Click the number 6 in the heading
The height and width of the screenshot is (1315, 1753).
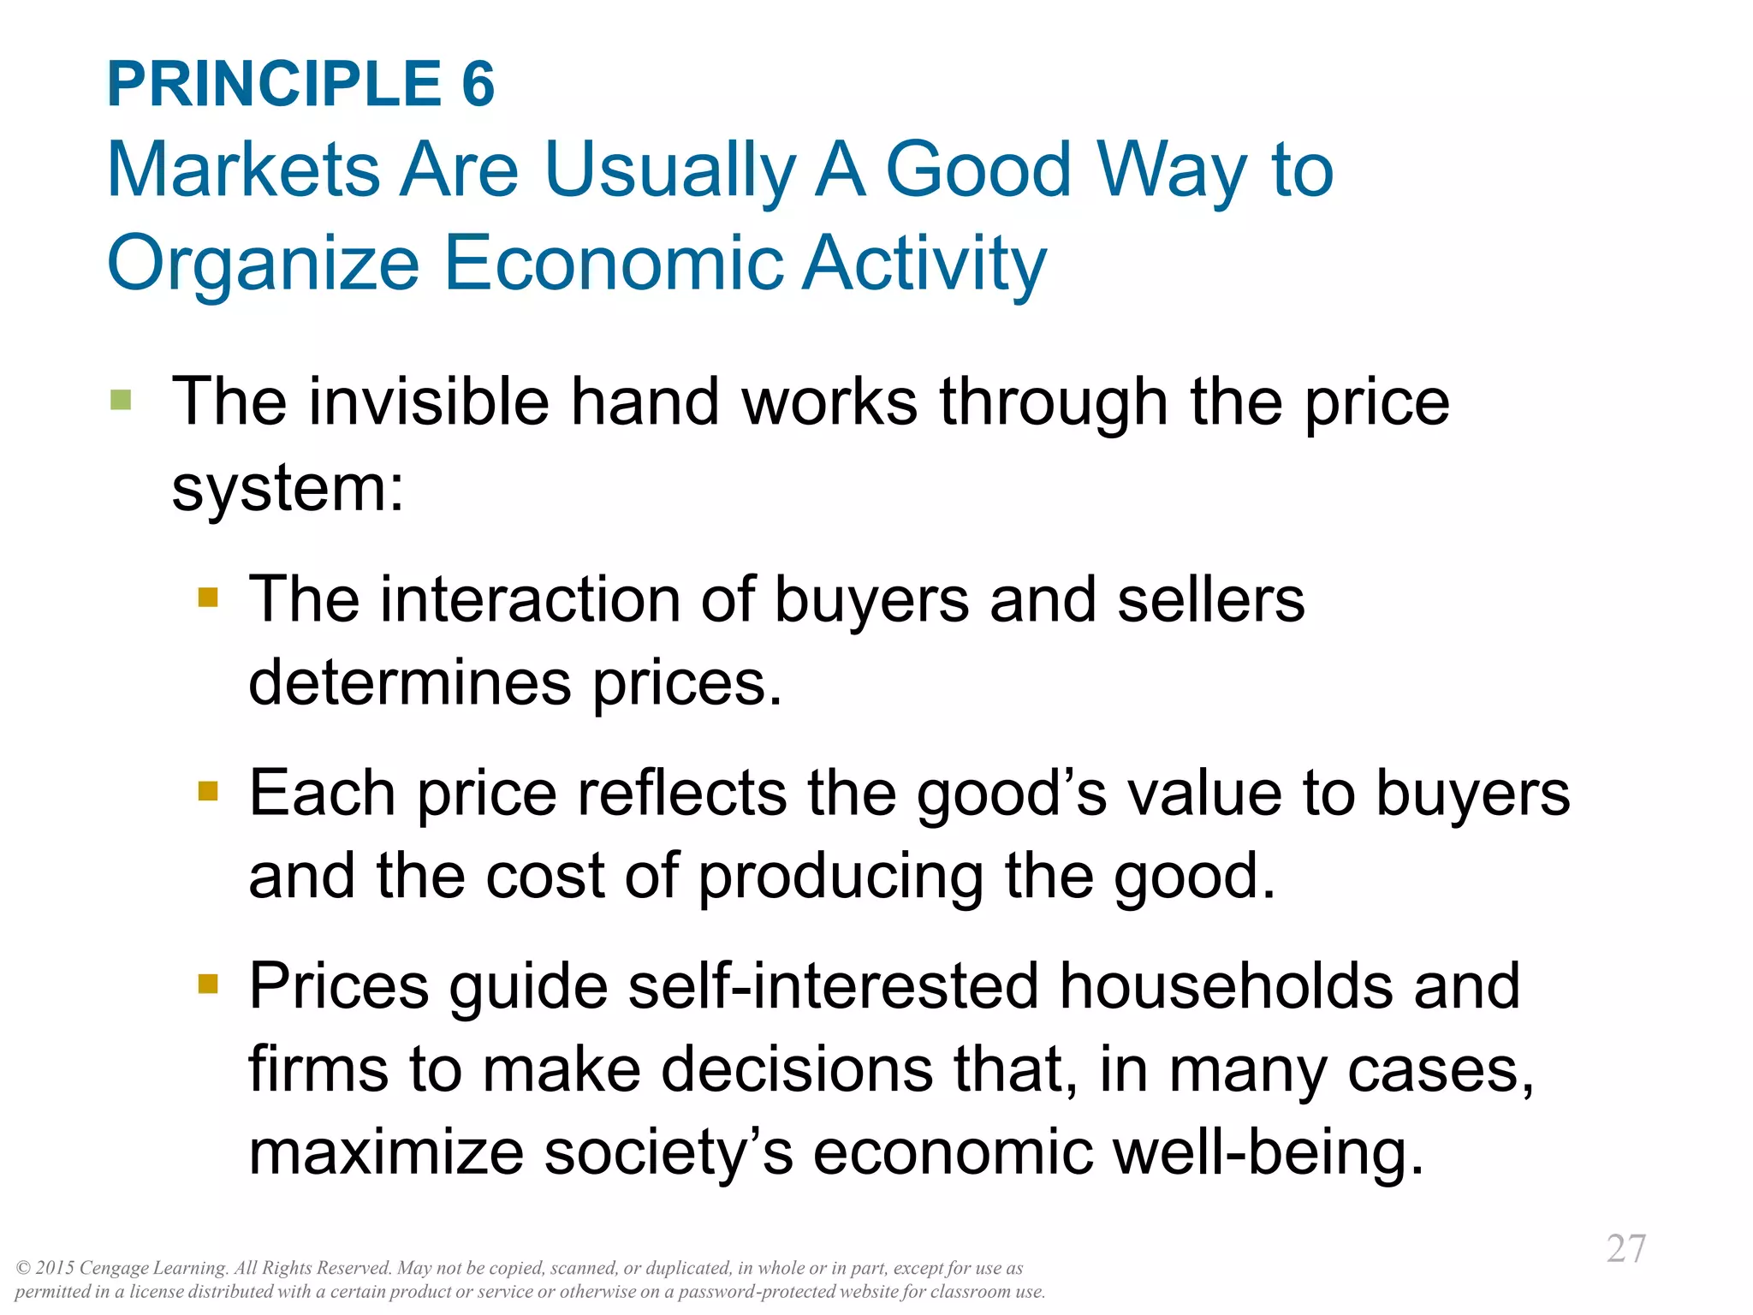tap(478, 85)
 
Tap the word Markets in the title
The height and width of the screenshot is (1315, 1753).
tap(243, 170)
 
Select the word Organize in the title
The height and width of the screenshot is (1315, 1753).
tap(263, 265)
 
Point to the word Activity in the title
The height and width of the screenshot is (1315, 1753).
tap(924, 265)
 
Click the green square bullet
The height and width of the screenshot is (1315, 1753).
tap(121, 400)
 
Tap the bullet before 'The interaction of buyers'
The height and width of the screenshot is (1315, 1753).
tap(208, 597)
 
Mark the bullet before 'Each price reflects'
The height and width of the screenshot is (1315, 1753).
tap(208, 789)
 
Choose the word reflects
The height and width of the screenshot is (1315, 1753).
tap(681, 793)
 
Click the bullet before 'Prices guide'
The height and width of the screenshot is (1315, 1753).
tap(208, 983)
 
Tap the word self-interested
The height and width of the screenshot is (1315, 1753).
tap(833, 986)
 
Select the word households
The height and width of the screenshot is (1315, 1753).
tap(1226, 986)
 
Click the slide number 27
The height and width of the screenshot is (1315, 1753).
tap(1625, 1249)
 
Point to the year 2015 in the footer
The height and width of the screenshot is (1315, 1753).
tap(55, 1268)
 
